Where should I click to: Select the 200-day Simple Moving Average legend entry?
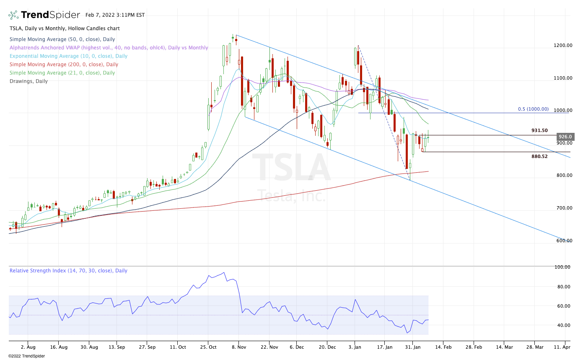(64, 65)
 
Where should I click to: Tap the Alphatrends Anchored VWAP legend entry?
(109, 48)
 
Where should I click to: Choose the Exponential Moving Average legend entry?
(68, 56)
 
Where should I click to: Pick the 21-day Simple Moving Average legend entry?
(62, 73)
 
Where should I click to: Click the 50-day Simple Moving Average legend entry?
(62, 39)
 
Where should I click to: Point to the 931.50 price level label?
(539, 131)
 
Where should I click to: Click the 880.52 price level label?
(539, 156)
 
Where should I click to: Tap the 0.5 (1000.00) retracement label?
(533, 109)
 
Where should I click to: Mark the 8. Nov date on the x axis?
(238, 347)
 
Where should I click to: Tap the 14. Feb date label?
(443, 347)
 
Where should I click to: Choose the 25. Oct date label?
(207, 347)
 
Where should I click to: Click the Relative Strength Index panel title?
(68, 271)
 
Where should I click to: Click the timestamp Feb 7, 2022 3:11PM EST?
(115, 15)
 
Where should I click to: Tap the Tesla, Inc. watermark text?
(291, 195)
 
